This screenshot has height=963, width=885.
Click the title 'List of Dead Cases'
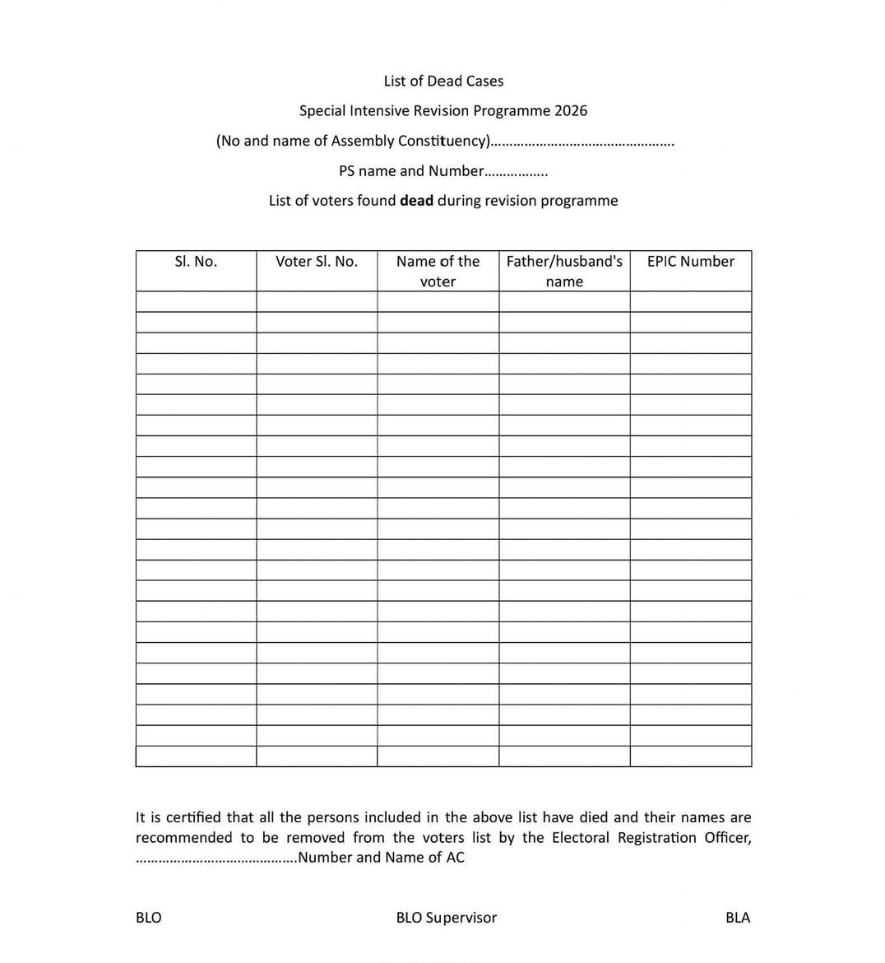443,81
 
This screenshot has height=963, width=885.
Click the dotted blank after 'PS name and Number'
517,172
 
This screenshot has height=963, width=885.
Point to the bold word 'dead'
416,201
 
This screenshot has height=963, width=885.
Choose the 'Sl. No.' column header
196,262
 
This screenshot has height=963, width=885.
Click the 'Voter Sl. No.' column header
317,262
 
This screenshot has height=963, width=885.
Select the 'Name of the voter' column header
438,271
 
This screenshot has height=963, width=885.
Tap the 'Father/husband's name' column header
564,271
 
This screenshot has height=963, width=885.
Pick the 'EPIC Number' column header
691,262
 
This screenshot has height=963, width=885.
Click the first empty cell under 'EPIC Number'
691,301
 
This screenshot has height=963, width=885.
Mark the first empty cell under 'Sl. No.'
196,301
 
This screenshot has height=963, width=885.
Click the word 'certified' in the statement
193,817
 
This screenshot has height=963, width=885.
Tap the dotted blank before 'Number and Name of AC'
215,858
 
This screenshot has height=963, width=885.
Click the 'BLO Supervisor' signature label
447,918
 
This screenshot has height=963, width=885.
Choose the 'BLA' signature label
738,918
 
